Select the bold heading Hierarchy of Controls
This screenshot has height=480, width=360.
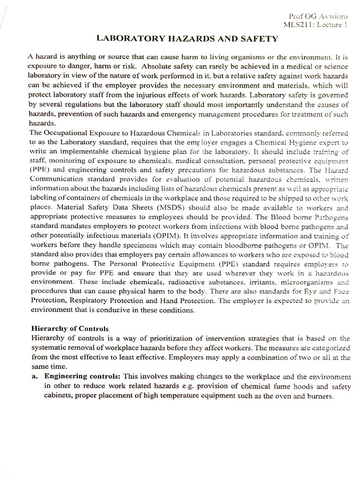(x=69, y=328)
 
